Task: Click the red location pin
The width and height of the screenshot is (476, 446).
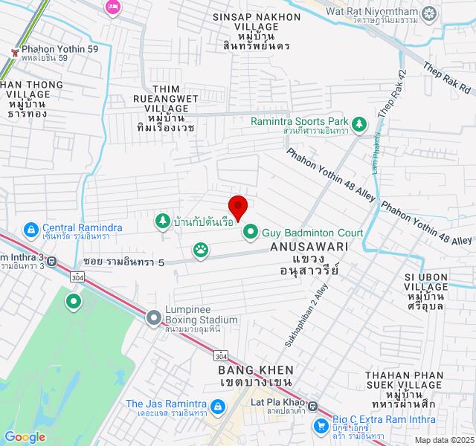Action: (237, 206)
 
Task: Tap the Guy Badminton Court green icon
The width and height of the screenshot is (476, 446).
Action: (251, 233)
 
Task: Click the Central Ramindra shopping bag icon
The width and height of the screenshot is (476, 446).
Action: (31, 228)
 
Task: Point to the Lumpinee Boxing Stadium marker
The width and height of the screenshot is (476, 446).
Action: (154, 317)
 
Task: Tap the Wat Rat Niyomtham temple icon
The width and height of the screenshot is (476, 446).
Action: (429, 13)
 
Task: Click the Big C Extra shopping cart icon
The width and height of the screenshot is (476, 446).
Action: (321, 425)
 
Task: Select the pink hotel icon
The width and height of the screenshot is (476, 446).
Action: (113, 7)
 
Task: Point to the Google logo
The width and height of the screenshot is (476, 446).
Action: (25, 437)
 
